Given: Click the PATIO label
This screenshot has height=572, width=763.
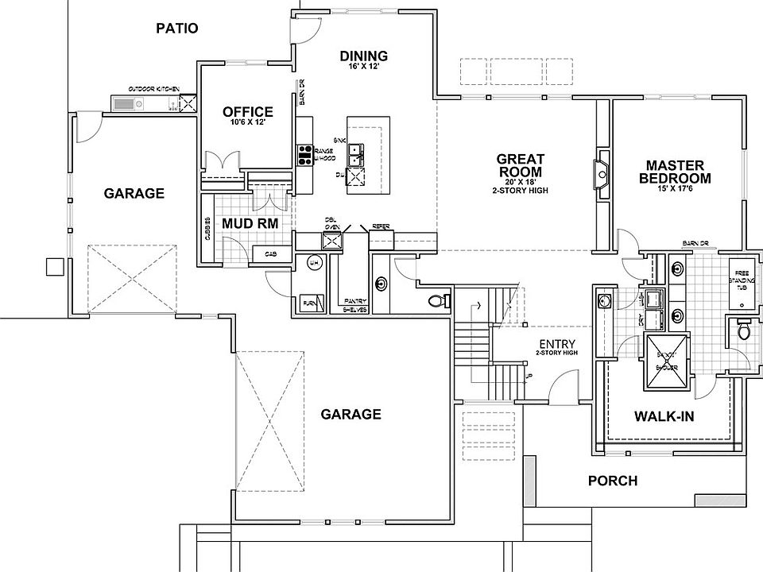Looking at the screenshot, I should (x=176, y=29).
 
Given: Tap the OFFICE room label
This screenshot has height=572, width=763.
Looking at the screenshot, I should (x=247, y=112).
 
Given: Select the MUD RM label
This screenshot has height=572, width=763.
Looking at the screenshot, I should (x=250, y=223).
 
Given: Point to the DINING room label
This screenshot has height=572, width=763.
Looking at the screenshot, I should (x=363, y=56).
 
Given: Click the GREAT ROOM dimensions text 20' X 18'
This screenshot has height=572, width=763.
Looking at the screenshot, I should (x=519, y=182).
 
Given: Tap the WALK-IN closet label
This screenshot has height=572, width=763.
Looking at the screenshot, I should (x=664, y=416).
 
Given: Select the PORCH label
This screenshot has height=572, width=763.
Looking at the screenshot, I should (x=612, y=481).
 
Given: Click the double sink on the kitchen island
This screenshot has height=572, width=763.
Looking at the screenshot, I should (x=356, y=152).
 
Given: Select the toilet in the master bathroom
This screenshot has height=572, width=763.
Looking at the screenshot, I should (x=742, y=330).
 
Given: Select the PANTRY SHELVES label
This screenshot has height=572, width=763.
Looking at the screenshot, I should (x=354, y=305).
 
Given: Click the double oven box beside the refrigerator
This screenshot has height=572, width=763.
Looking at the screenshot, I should (x=331, y=239).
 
